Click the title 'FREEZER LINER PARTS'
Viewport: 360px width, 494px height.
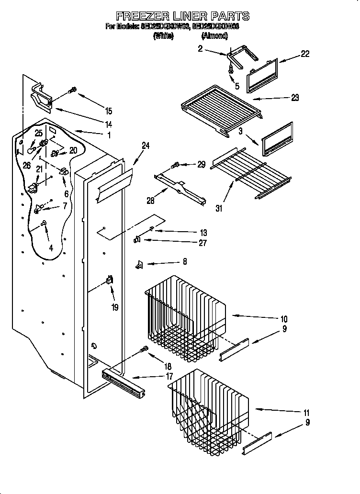tap(183, 16)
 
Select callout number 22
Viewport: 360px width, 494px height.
tap(304, 54)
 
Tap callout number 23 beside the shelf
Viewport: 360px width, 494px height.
tap(294, 98)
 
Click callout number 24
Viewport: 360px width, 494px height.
tap(146, 146)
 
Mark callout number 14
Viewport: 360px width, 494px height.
tap(109, 123)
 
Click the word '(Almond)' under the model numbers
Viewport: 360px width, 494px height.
tap(214, 35)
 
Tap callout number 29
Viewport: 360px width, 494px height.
tap(201, 164)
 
